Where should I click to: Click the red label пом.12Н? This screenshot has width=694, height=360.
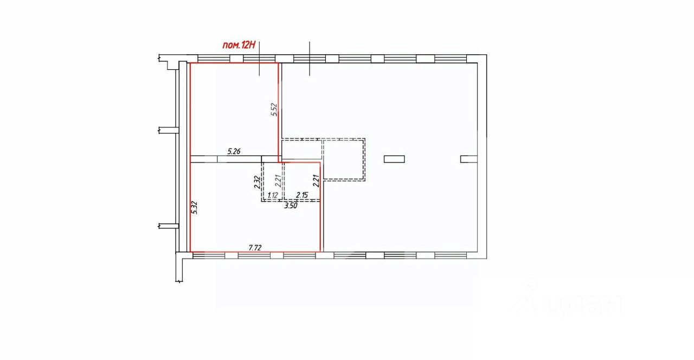tap(239, 46)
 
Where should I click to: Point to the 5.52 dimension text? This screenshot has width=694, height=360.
tap(274, 110)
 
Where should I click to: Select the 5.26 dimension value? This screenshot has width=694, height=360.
tap(234, 152)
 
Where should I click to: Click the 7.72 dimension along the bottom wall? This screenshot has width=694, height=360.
tap(255, 247)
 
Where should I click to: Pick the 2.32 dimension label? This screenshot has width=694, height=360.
tap(258, 181)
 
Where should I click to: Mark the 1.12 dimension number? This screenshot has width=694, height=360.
tap(272, 195)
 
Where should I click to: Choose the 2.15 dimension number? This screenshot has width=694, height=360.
tap(302, 195)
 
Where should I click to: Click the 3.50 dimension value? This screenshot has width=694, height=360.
tap(292, 205)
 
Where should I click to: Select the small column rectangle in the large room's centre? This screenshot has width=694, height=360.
tap(394, 159)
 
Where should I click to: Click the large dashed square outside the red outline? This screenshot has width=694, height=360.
tap(344, 159)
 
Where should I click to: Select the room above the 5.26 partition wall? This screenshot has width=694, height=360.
tap(233, 108)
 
